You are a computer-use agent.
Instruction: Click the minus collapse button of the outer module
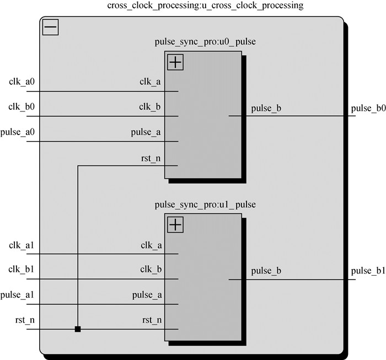(x=51, y=28)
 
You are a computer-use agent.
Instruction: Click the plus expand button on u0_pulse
(x=175, y=62)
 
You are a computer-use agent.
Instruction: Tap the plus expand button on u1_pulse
(x=175, y=224)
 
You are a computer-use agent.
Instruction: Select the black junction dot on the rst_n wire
(x=78, y=330)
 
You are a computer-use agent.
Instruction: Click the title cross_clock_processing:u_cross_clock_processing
(x=205, y=6)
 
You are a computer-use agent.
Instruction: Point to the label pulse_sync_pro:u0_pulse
(x=206, y=42)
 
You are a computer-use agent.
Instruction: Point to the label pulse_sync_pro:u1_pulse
(x=206, y=205)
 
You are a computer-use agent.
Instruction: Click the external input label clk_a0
(x=22, y=82)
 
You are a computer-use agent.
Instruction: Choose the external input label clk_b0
(x=22, y=107)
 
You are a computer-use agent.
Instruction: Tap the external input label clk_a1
(x=22, y=245)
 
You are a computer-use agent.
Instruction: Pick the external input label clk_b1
(x=22, y=270)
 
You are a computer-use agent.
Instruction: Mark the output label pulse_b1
(x=368, y=271)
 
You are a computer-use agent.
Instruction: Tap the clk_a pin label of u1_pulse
(x=151, y=245)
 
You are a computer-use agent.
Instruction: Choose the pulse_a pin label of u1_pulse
(x=147, y=295)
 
